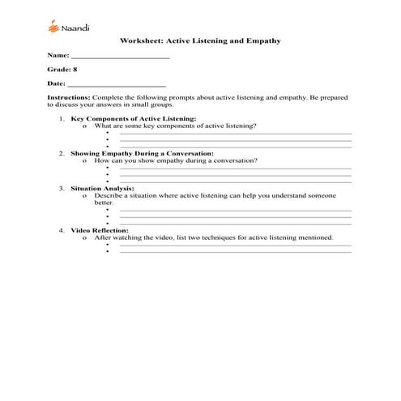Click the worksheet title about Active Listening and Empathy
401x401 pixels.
pos(200,40)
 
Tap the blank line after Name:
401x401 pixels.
pos(121,58)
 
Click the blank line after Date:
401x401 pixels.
pos(117,83)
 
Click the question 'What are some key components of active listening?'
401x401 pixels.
pos(176,126)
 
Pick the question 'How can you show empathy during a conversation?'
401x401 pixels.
pos(176,160)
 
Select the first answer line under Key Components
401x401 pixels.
pos(235,134)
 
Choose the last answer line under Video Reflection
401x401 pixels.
pos(235,253)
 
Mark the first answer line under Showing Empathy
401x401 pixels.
pos(235,169)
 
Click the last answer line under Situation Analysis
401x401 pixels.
pos(235,222)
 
